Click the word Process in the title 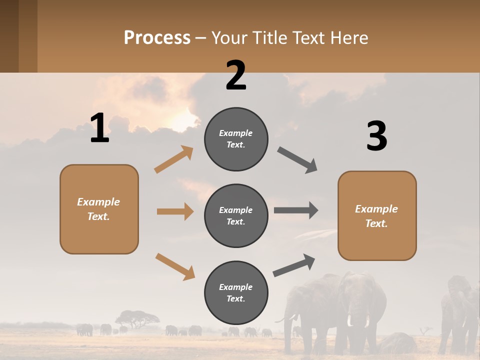(157, 37)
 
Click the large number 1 (99, 128)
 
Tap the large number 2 (236, 75)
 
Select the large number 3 (376, 136)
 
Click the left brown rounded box (99, 209)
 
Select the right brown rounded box (377, 215)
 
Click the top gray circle (236, 139)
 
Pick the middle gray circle (236, 215)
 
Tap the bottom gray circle (236, 292)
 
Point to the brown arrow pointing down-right (175, 266)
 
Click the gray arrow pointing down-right (297, 159)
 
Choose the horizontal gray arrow (296, 210)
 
